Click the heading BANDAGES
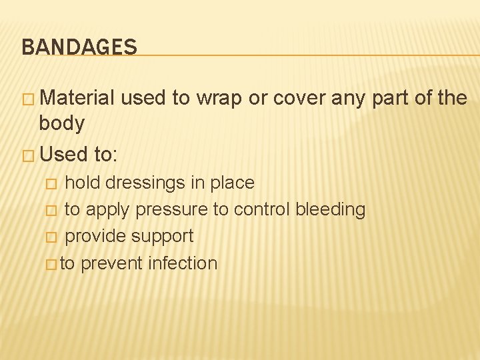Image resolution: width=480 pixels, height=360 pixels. [79, 47]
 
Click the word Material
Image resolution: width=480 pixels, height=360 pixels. [77, 98]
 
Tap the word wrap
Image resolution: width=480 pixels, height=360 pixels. [218, 98]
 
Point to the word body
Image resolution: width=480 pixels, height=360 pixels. [62, 123]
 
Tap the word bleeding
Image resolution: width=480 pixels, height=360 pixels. [331, 209]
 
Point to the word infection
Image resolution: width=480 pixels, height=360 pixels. [182, 263]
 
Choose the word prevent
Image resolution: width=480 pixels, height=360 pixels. [111, 263]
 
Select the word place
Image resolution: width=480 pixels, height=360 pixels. [232, 183]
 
